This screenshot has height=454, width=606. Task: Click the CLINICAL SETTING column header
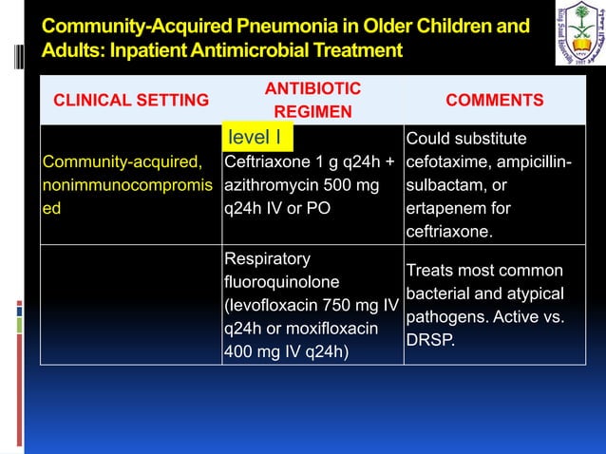pos(130,101)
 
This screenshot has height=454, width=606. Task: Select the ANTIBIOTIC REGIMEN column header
pos(312,101)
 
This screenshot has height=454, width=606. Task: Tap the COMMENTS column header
pos(495,101)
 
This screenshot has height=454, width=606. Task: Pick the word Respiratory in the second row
pos(267,259)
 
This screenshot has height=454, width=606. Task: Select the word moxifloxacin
pos(339,329)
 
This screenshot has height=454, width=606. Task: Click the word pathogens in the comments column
pos(445,316)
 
